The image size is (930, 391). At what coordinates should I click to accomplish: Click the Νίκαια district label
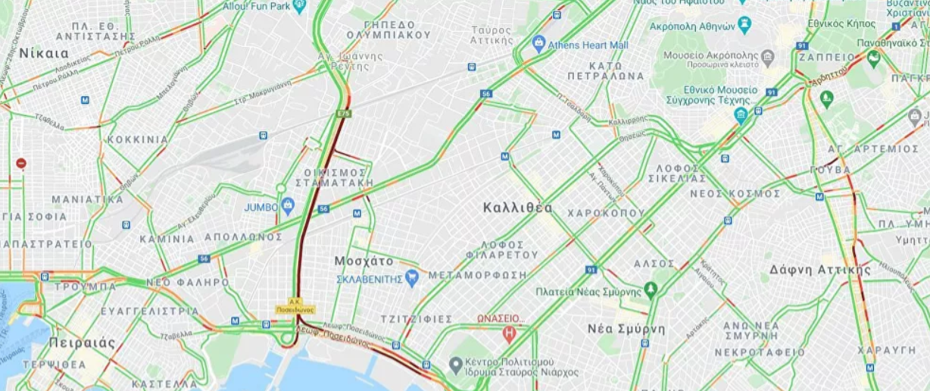(44, 53)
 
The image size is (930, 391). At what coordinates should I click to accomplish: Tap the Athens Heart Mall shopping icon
(539, 44)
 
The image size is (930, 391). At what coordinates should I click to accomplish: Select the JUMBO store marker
(288, 205)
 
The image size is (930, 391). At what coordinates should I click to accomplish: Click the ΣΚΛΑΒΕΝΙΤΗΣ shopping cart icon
(412, 278)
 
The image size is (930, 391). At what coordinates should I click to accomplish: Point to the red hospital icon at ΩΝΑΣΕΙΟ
(510, 332)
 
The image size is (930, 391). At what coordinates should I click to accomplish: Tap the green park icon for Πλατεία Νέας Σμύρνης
(651, 290)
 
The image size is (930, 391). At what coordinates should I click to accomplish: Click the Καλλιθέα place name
(518, 208)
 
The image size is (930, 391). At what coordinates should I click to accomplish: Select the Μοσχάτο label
(364, 261)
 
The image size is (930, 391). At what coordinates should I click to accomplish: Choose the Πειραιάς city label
(83, 343)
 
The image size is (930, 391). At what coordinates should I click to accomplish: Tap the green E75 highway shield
(344, 114)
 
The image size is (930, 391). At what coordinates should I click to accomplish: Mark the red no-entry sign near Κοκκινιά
(21, 163)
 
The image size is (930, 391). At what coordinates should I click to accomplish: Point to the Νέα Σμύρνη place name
(626, 329)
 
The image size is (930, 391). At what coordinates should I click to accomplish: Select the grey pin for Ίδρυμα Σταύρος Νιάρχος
(455, 366)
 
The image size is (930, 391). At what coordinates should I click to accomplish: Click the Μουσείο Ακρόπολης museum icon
(768, 56)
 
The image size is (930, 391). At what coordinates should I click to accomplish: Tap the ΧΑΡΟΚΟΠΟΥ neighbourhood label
(606, 213)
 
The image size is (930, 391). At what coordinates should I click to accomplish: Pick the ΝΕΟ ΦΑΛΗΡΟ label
(187, 283)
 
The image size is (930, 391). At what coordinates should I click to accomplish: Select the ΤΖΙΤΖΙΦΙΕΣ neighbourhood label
(417, 319)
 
